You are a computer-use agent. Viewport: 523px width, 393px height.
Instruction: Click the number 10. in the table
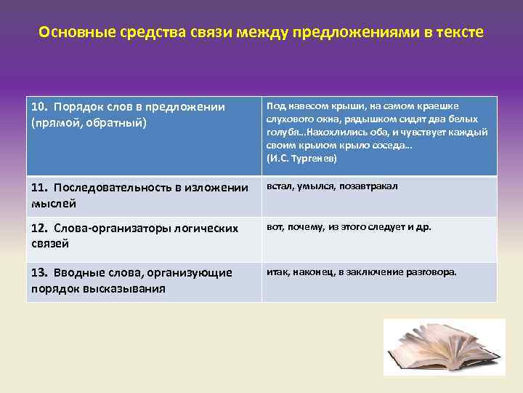[x=40, y=107]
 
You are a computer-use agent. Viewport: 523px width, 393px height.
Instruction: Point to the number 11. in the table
[x=39, y=188]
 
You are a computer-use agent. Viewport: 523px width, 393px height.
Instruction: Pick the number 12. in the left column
[x=40, y=229]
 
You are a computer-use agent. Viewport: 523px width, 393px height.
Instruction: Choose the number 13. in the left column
[x=40, y=272]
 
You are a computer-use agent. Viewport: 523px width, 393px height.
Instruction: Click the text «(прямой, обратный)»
[x=89, y=122]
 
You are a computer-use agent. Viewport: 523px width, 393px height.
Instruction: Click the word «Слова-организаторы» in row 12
[x=115, y=229]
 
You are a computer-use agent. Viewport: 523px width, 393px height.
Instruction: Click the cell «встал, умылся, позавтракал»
[x=332, y=186]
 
